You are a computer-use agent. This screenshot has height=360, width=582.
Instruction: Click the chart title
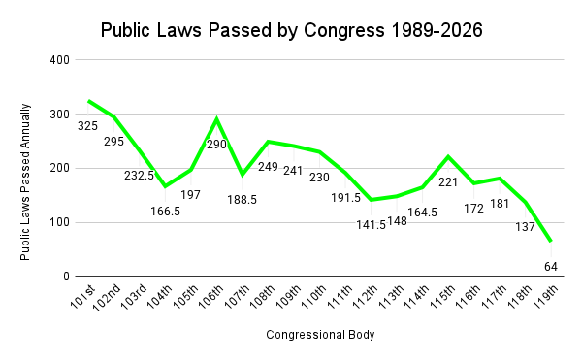(291, 30)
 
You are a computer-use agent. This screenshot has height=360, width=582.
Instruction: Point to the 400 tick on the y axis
(60, 60)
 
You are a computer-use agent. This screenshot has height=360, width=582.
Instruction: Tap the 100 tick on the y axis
(60, 222)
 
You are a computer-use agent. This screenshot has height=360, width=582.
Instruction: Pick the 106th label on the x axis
(210, 296)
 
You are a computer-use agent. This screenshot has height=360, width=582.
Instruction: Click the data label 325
(87, 126)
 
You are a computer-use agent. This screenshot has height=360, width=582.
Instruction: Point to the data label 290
(216, 145)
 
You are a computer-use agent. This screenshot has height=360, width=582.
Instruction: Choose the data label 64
(550, 265)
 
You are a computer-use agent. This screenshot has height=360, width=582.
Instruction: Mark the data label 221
(447, 181)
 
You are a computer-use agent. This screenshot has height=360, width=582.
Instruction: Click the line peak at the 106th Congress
(216, 119)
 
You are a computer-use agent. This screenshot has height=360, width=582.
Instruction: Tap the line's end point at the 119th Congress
(550, 241)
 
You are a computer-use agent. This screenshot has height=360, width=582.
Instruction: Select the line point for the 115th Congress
(447, 156)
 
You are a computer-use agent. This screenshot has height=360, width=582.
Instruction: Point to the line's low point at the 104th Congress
(165, 186)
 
